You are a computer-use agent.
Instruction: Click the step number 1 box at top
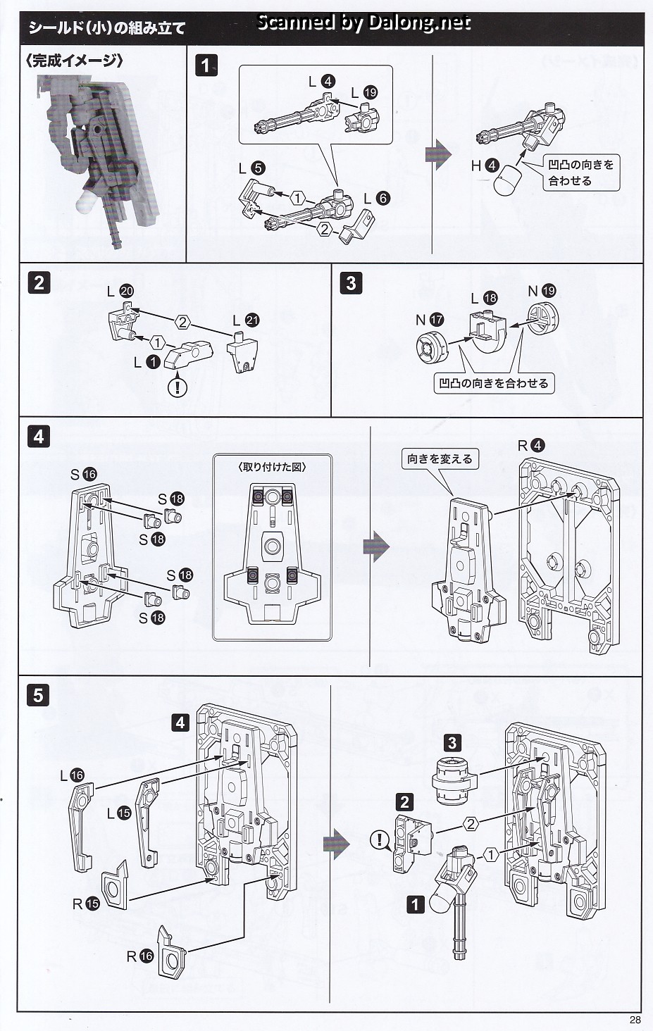pos(205,66)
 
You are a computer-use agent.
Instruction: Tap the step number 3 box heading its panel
pos(351,283)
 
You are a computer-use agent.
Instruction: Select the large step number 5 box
pos(38,695)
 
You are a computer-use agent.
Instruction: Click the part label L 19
pos(364,92)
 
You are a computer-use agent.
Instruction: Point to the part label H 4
pos(485,165)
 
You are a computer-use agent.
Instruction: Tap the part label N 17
pos(429,320)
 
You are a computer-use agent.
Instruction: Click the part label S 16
pos(83,475)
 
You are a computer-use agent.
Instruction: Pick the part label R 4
pos(530,445)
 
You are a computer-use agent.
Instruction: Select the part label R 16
pos(139,956)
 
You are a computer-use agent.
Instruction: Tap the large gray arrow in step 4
pos(396,546)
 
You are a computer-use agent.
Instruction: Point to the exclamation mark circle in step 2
pos(178,386)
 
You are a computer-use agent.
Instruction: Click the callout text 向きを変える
pos(440,458)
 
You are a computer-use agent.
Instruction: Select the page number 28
pos(635,1020)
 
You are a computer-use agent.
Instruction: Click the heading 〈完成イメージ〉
pos(75,60)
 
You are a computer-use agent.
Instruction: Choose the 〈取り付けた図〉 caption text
pos(271,466)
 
